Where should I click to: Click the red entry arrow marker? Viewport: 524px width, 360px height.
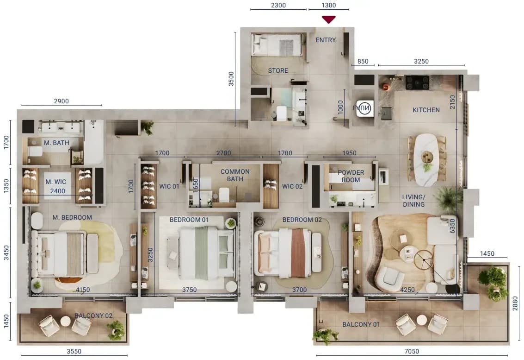pyautogui.click(x=328, y=19)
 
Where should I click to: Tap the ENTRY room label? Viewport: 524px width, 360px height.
pyautogui.click(x=326, y=40)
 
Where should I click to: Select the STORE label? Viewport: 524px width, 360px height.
pyautogui.click(x=277, y=71)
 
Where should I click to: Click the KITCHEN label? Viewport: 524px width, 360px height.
pyautogui.click(x=426, y=110)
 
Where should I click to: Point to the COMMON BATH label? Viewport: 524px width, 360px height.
pyautogui.click(x=235, y=175)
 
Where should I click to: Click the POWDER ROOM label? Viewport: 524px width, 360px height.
pyautogui.click(x=351, y=176)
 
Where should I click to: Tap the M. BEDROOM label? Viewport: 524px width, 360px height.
pyautogui.click(x=72, y=217)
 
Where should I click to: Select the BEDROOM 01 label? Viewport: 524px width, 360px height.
pyautogui.click(x=189, y=220)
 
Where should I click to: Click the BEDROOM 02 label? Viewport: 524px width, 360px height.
pyautogui.click(x=302, y=220)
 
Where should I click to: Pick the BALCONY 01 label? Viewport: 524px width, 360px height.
pyautogui.click(x=361, y=324)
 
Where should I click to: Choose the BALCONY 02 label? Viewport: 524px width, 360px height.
pyautogui.click(x=93, y=316)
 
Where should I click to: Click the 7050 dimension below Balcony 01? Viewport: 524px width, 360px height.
pyautogui.click(x=412, y=351)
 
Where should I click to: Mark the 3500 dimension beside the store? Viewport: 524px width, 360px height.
pyautogui.click(x=231, y=79)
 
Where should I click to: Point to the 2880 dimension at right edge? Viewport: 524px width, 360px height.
pyautogui.click(x=515, y=303)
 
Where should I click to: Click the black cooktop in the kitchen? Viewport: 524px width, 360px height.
pyautogui.click(x=417, y=83)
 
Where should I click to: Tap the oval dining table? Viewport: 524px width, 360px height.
pyautogui.click(x=426, y=160)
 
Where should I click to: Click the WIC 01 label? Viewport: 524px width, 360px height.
pyautogui.click(x=169, y=186)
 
